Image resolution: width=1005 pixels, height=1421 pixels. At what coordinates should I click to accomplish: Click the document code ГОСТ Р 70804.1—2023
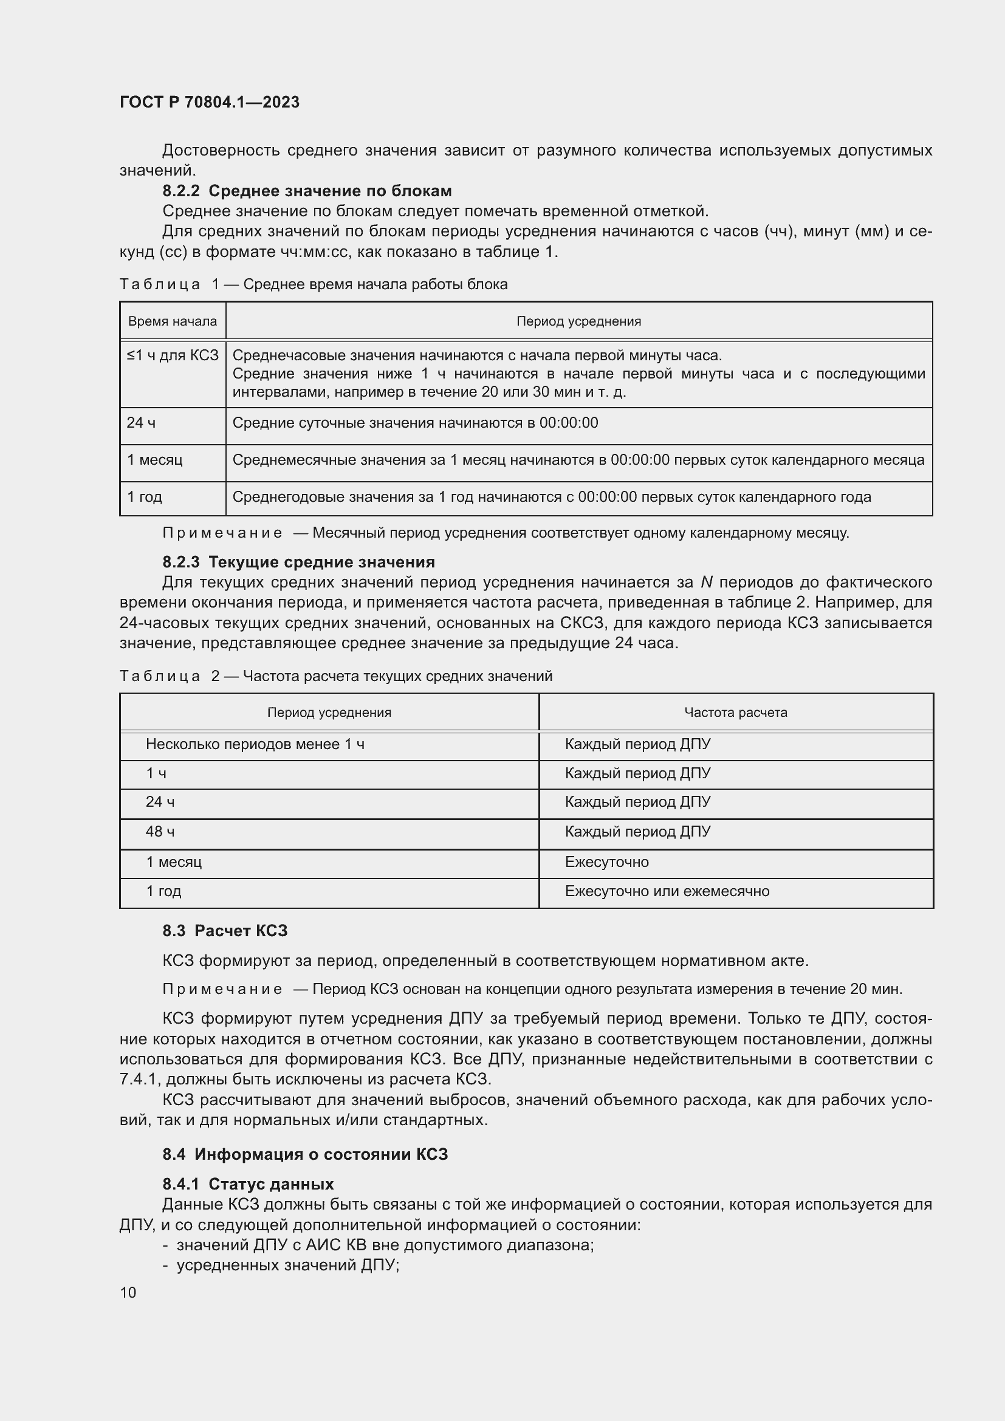pyautogui.click(x=209, y=102)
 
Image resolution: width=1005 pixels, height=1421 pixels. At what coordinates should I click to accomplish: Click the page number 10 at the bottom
pyautogui.click(x=128, y=1292)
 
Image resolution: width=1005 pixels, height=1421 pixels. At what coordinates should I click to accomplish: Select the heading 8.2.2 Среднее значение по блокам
pyautogui.click(x=307, y=191)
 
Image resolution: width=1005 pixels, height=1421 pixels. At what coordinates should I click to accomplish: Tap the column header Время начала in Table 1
pyautogui.click(x=172, y=321)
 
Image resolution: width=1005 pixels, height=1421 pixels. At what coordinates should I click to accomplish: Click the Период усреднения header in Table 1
pyautogui.click(x=578, y=321)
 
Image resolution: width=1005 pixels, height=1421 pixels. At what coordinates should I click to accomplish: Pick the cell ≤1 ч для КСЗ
pyautogui.click(x=173, y=355)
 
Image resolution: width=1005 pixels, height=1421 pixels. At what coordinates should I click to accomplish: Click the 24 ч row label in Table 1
pyautogui.click(x=141, y=423)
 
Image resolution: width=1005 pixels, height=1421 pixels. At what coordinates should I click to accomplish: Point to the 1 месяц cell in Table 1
pyautogui.click(x=155, y=460)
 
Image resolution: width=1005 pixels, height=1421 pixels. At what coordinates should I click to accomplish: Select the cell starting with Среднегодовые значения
pyautogui.click(x=551, y=497)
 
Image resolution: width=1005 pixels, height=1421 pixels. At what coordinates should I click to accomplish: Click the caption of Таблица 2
pyautogui.click(x=335, y=676)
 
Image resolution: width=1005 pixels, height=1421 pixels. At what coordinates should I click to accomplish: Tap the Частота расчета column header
pyautogui.click(x=735, y=713)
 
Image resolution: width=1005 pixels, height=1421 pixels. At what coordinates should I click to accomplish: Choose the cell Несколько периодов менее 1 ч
pyautogui.click(x=255, y=744)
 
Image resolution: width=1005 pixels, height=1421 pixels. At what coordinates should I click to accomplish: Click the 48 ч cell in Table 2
pyautogui.click(x=160, y=831)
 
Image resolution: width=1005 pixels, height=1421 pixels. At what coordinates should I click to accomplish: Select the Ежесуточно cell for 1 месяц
pyautogui.click(x=606, y=861)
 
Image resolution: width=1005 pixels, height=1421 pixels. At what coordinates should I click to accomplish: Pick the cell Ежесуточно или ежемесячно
pyautogui.click(x=667, y=891)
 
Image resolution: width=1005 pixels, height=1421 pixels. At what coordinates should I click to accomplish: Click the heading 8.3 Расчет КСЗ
pyautogui.click(x=225, y=931)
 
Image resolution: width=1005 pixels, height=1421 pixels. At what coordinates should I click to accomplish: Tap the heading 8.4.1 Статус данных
pyautogui.click(x=248, y=1184)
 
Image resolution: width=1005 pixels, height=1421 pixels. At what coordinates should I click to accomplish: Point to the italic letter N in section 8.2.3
pyautogui.click(x=706, y=583)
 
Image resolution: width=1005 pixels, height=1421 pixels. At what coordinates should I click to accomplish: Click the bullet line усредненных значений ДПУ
pyautogui.click(x=288, y=1265)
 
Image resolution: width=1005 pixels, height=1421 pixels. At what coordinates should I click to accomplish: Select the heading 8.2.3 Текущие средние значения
pyautogui.click(x=299, y=562)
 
